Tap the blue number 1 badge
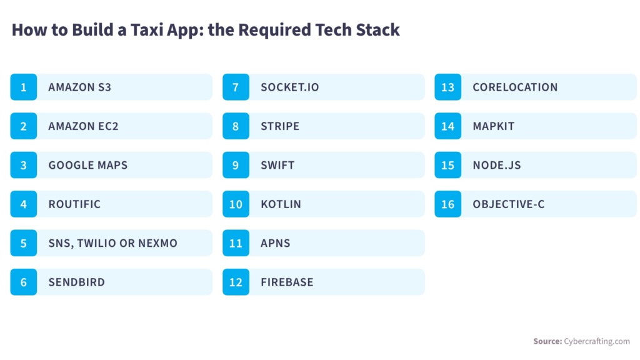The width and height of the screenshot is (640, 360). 24,87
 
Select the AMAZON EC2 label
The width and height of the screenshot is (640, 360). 83,126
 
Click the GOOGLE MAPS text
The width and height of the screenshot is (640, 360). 87,165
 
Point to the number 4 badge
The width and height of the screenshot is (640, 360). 24,204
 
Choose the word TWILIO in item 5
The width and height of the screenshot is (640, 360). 96,243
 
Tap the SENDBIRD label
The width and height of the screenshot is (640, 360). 76,282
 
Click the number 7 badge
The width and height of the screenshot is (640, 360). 236,87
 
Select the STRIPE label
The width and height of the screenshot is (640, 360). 280,126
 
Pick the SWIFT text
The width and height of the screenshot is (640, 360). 277,165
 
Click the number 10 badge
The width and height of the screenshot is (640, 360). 236,204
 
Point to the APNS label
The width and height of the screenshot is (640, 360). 276,243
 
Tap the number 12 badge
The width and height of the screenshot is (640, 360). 236,282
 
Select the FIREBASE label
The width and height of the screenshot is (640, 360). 287,282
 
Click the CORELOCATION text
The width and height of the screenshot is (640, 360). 515,87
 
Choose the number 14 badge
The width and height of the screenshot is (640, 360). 447,126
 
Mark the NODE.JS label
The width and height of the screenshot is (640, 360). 497,165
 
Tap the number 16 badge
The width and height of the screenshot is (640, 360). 447,204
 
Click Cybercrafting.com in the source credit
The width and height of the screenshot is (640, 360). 597,341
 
